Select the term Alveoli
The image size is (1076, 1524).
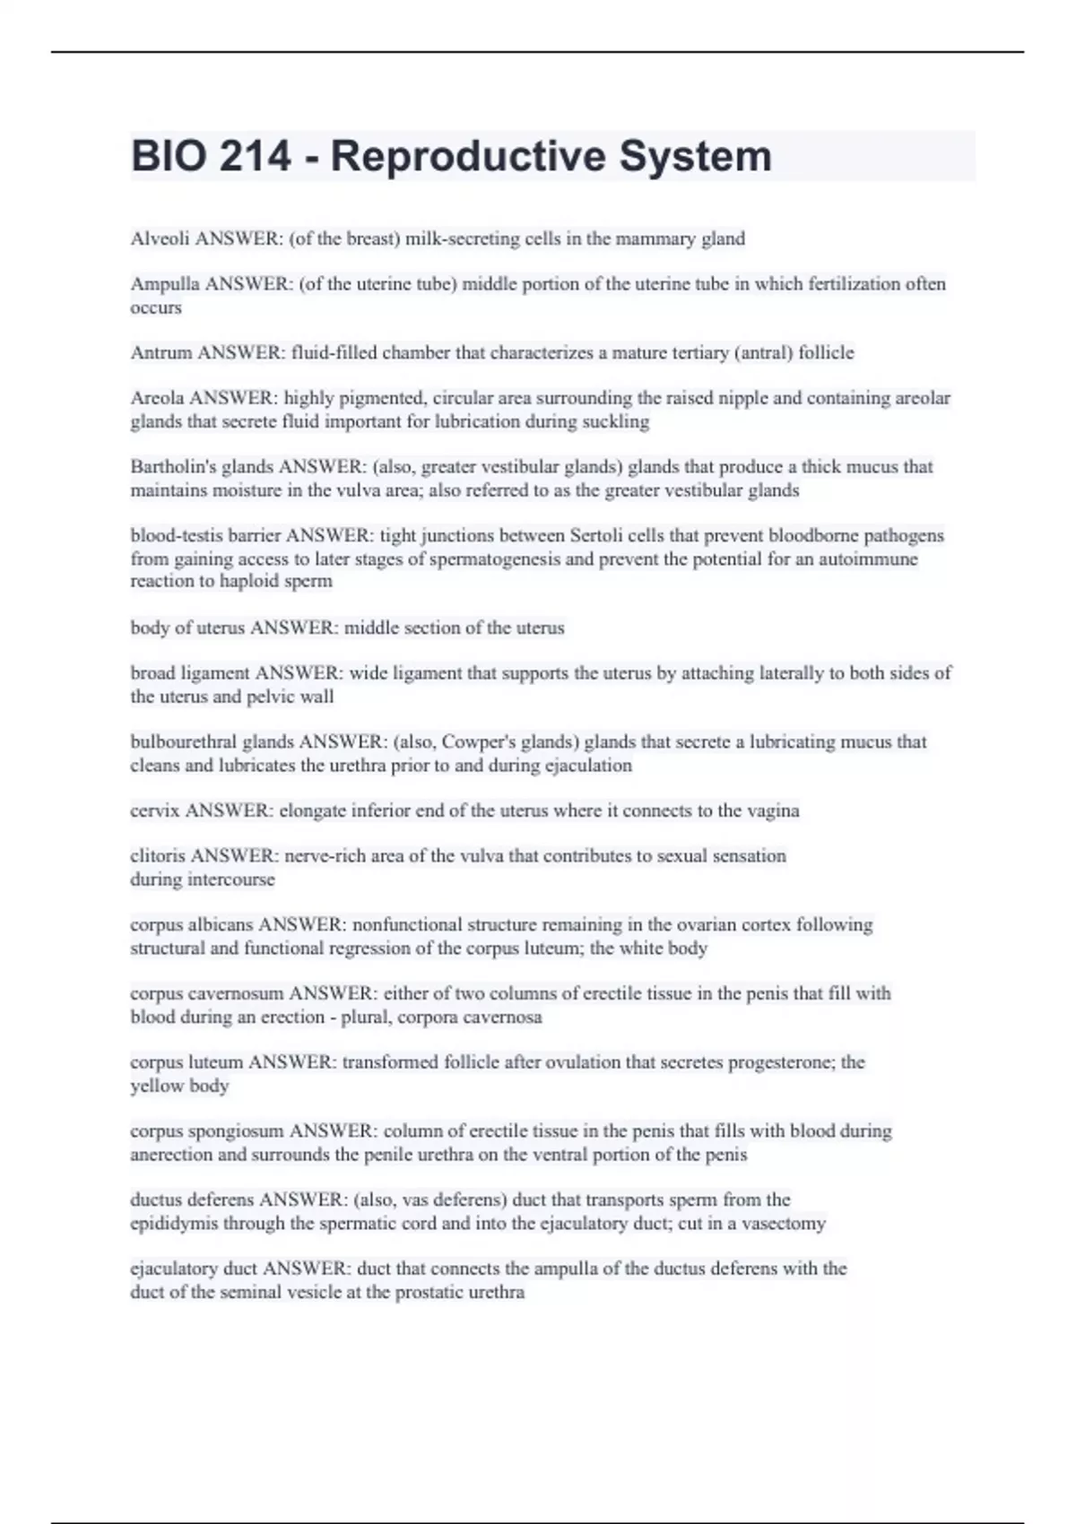tap(160, 238)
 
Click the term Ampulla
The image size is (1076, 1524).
tap(165, 284)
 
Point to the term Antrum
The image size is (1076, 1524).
tap(161, 352)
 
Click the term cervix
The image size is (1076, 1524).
tap(154, 810)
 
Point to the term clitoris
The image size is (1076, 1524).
tap(158, 855)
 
